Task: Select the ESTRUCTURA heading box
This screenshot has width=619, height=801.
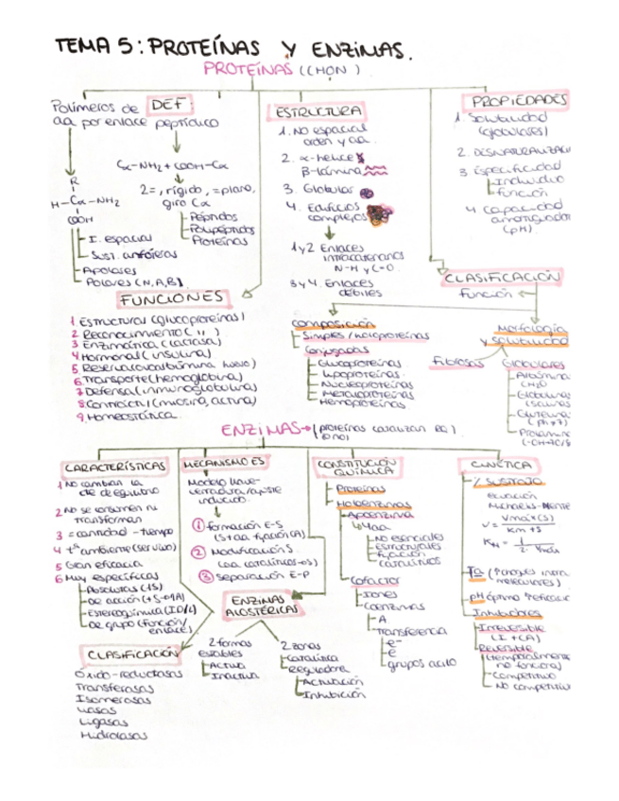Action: tap(317, 111)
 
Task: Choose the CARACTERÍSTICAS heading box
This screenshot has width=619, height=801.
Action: tap(116, 467)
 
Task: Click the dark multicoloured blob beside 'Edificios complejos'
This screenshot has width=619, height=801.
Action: tap(382, 213)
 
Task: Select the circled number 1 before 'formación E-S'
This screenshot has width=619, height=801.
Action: tap(198, 524)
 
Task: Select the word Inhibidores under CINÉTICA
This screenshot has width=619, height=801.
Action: tap(501, 611)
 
